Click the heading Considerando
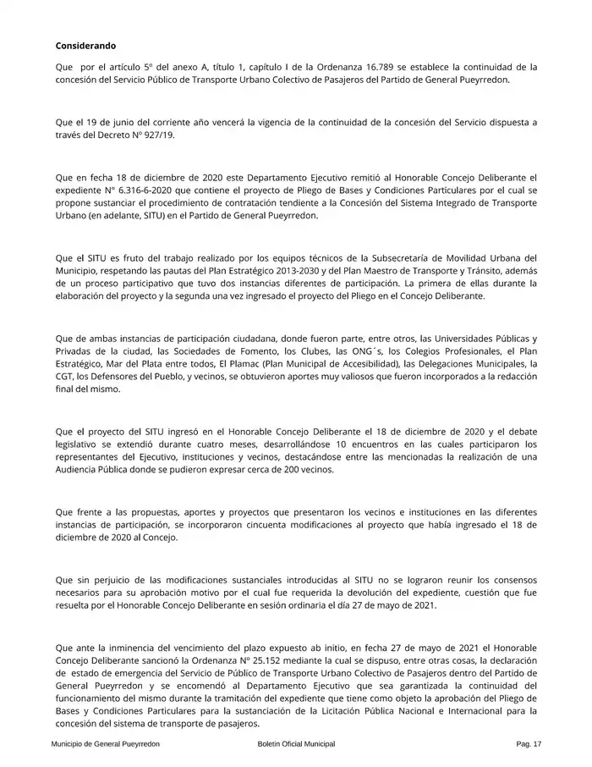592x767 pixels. (x=85, y=45)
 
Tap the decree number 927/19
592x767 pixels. (x=159, y=135)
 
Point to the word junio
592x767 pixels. (x=124, y=122)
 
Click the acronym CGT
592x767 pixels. (x=65, y=378)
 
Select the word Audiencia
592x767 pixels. (x=84, y=470)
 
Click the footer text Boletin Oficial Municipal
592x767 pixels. (x=296, y=743)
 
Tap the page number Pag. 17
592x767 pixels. (x=528, y=743)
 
